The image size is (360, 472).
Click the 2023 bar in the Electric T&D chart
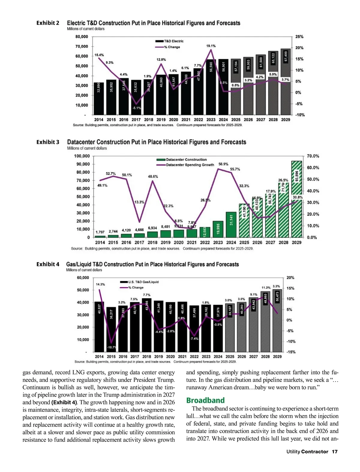click(211, 87)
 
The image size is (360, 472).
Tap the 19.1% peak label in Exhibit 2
click(211, 46)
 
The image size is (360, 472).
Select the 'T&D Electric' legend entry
click(173, 41)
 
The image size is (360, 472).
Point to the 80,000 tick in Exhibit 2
click(82, 37)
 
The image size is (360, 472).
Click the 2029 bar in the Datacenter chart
click(296, 199)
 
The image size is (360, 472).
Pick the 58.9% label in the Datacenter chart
click(223, 164)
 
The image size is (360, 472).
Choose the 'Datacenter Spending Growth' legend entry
click(190, 165)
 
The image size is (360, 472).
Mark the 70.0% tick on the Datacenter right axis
click(313, 156)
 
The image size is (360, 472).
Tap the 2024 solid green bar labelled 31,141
click(231, 224)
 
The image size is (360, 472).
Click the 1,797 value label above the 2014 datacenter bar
click(100, 232)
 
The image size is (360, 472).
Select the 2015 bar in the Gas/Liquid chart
click(111, 329)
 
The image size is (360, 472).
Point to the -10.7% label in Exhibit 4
click(111, 347)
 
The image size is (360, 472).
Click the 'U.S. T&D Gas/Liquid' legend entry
click(143, 282)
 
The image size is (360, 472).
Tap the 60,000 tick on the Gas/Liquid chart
click(83, 278)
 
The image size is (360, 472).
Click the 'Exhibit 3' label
click(48, 142)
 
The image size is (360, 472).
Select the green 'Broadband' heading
click(205, 400)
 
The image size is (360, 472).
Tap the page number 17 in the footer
click(334, 452)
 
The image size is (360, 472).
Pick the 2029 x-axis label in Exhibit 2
click(286, 120)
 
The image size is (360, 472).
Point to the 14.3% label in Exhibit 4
click(100, 284)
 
